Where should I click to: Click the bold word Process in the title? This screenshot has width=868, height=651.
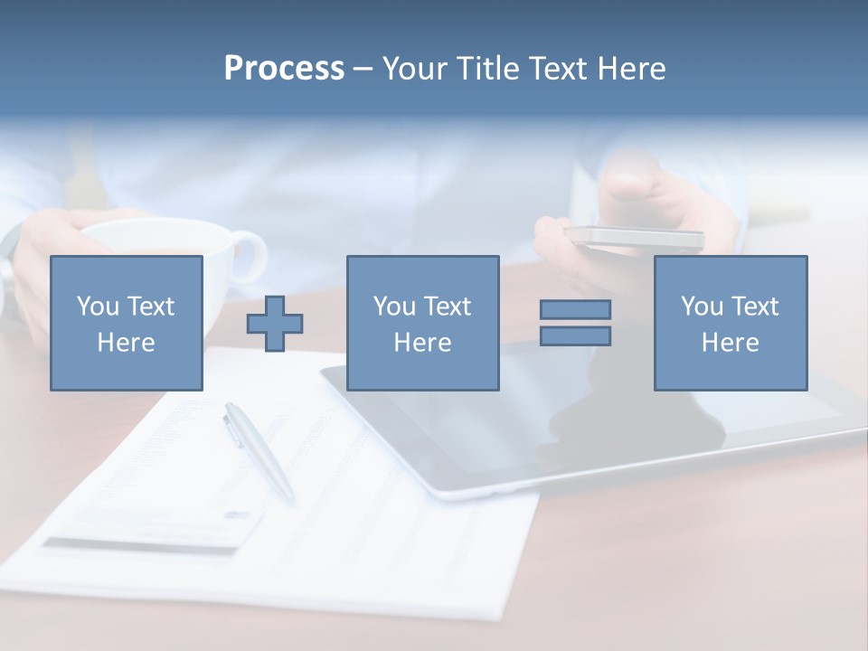point(284,69)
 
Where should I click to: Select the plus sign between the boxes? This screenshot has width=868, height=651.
point(275,323)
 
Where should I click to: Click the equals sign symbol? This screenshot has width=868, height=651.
point(575,323)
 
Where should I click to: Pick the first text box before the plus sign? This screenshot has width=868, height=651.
point(127,323)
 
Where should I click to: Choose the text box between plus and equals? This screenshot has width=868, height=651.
point(422,323)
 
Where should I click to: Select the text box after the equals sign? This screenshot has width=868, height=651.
point(730,323)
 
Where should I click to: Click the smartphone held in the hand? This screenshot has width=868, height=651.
point(633,238)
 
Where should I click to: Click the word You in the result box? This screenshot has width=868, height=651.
point(702,307)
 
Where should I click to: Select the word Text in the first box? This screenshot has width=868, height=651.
point(152,307)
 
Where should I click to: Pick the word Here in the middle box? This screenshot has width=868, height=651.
point(422,343)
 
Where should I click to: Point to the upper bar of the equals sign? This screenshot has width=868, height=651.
point(575,309)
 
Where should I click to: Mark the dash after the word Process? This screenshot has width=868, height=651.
point(363,70)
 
